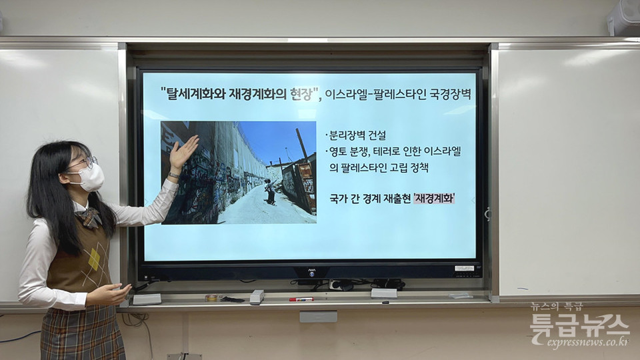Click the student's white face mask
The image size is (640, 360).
tap(90, 177)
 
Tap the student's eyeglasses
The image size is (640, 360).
tap(86, 163)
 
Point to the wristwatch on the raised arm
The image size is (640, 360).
tap(174, 175)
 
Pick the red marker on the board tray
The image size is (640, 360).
tap(301, 299)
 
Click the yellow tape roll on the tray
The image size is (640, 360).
tap(211, 298)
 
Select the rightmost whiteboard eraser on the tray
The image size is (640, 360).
tap(384, 293)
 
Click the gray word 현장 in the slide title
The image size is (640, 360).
tap(301, 94)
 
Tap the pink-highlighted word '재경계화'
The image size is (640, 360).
tap(434, 199)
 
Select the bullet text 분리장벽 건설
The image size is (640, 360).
tap(356, 135)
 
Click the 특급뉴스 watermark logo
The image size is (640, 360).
tap(579, 325)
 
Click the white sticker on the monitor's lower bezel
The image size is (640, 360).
tap(465, 268)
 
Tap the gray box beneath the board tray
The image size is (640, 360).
tap(319, 316)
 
